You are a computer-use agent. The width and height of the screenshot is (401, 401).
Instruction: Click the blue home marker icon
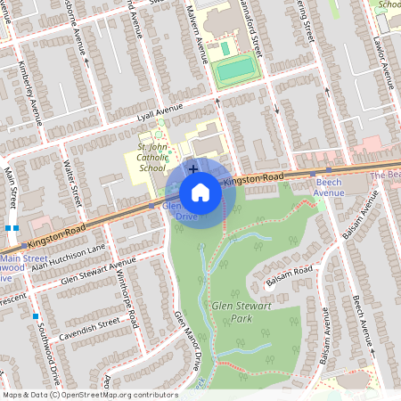pos(200,192)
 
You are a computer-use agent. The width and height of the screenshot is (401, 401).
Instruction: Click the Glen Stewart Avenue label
pos(98,272)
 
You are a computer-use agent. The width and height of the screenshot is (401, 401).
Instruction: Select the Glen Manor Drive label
pos(188,340)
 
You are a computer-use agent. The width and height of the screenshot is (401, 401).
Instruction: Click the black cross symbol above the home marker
pos(192,168)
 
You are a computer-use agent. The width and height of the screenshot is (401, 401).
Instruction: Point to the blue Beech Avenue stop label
pos(329,186)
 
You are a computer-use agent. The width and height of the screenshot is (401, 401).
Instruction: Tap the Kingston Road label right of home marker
pos(254,179)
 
